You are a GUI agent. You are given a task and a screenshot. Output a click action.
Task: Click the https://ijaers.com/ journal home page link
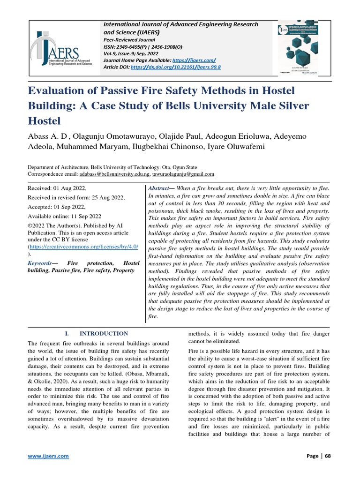(194, 60)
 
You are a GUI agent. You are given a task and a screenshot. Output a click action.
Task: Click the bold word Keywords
(39, 263)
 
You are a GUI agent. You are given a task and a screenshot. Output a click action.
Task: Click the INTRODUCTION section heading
(103, 334)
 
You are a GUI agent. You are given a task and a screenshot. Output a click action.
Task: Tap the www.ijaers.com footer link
(48, 456)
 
